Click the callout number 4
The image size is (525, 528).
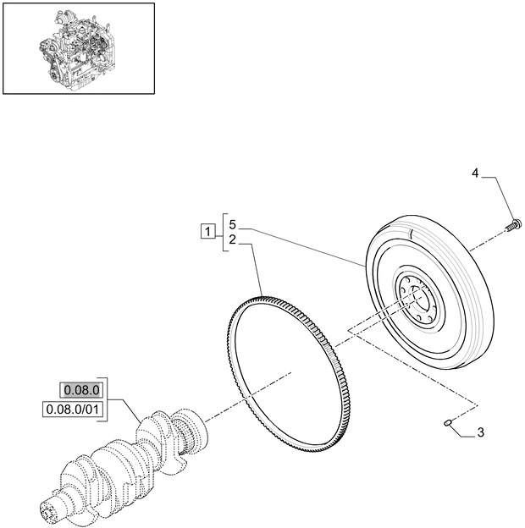[475, 173]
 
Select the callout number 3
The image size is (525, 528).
[480, 433]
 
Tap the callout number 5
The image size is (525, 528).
[231, 227]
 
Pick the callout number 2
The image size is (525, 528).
[231, 240]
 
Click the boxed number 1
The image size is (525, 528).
[207, 230]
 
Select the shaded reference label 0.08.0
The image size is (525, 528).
[80, 389]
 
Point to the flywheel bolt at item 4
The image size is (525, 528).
[512, 226]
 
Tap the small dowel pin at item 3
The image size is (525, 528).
[448, 421]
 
